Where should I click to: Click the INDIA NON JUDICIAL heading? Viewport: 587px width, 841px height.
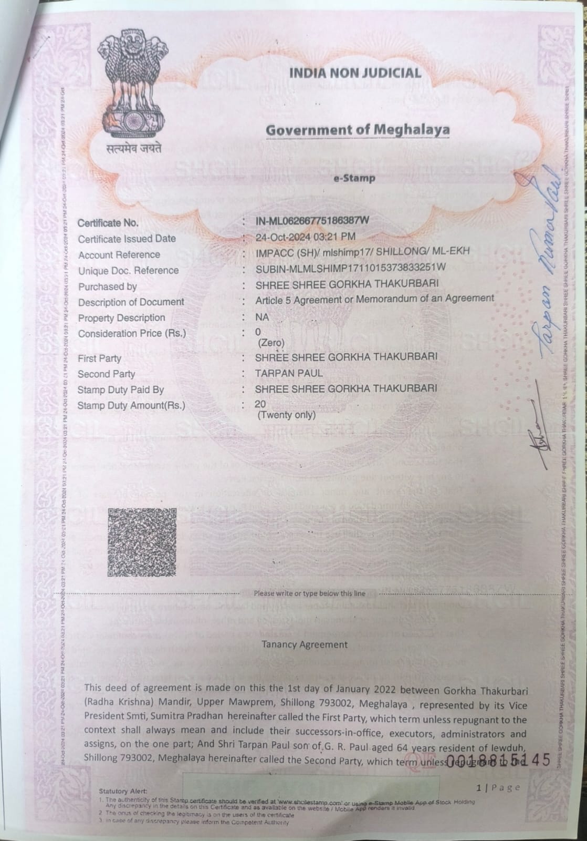click(355, 73)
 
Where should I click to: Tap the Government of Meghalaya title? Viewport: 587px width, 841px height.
click(358, 129)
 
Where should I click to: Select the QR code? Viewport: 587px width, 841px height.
click(142, 542)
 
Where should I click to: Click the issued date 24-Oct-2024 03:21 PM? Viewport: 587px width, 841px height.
click(305, 237)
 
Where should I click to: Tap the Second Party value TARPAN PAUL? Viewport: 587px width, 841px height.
click(289, 373)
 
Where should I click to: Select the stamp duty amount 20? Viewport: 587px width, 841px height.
click(260, 404)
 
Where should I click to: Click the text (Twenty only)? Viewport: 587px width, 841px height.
click(287, 415)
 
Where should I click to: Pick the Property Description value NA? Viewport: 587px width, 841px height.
click(262, 317)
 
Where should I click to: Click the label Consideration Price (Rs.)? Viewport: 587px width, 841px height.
click(132, 334)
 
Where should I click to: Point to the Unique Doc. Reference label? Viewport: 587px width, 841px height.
click(128, 271)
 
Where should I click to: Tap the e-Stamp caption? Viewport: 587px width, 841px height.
click(355, 178)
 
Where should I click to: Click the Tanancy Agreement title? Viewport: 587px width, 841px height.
click(305, 644)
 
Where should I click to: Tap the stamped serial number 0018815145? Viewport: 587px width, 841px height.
click(499, 761)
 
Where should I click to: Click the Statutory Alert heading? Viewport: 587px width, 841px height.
click(123, 791)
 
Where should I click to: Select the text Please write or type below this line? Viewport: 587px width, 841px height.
click(309, 593)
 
